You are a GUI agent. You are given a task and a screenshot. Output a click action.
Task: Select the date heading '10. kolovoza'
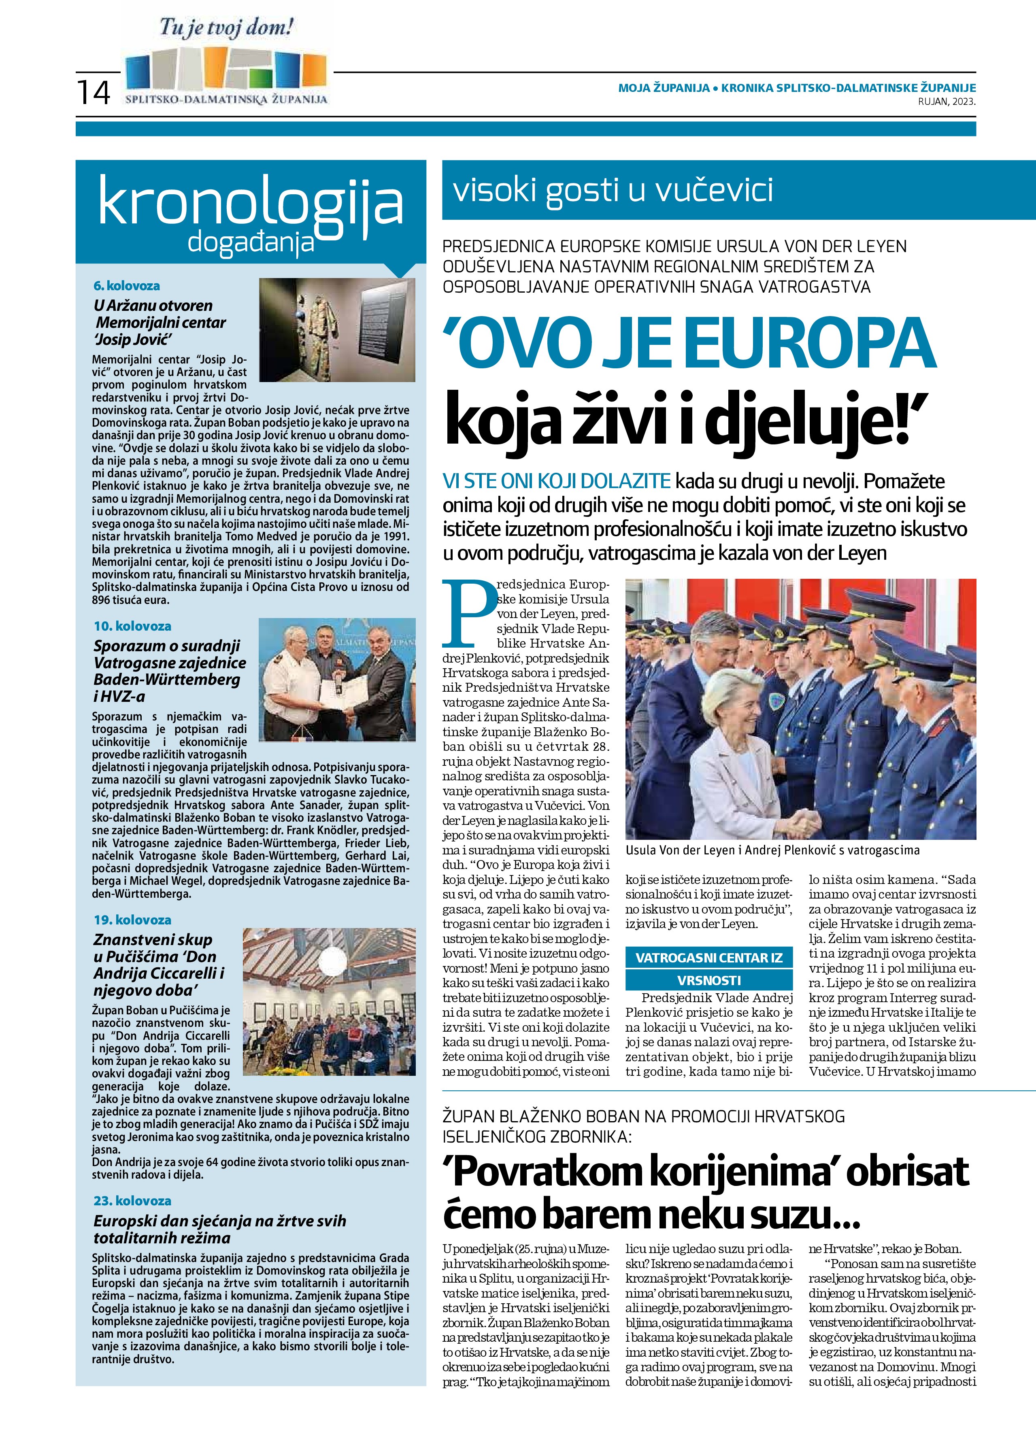pyautogui.click(x=132, y=626)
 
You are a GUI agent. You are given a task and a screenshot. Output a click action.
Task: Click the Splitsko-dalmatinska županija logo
pyautogui.click(x=226, y=75)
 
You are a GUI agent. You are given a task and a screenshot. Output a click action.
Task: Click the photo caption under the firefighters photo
pyautogui.click(x=772, y=850)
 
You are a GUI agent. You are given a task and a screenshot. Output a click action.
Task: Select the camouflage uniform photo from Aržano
pyautogui.click(x=337, y=329)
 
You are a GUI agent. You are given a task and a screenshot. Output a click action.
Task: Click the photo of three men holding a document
pyautogui.click(x=337, y=679)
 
